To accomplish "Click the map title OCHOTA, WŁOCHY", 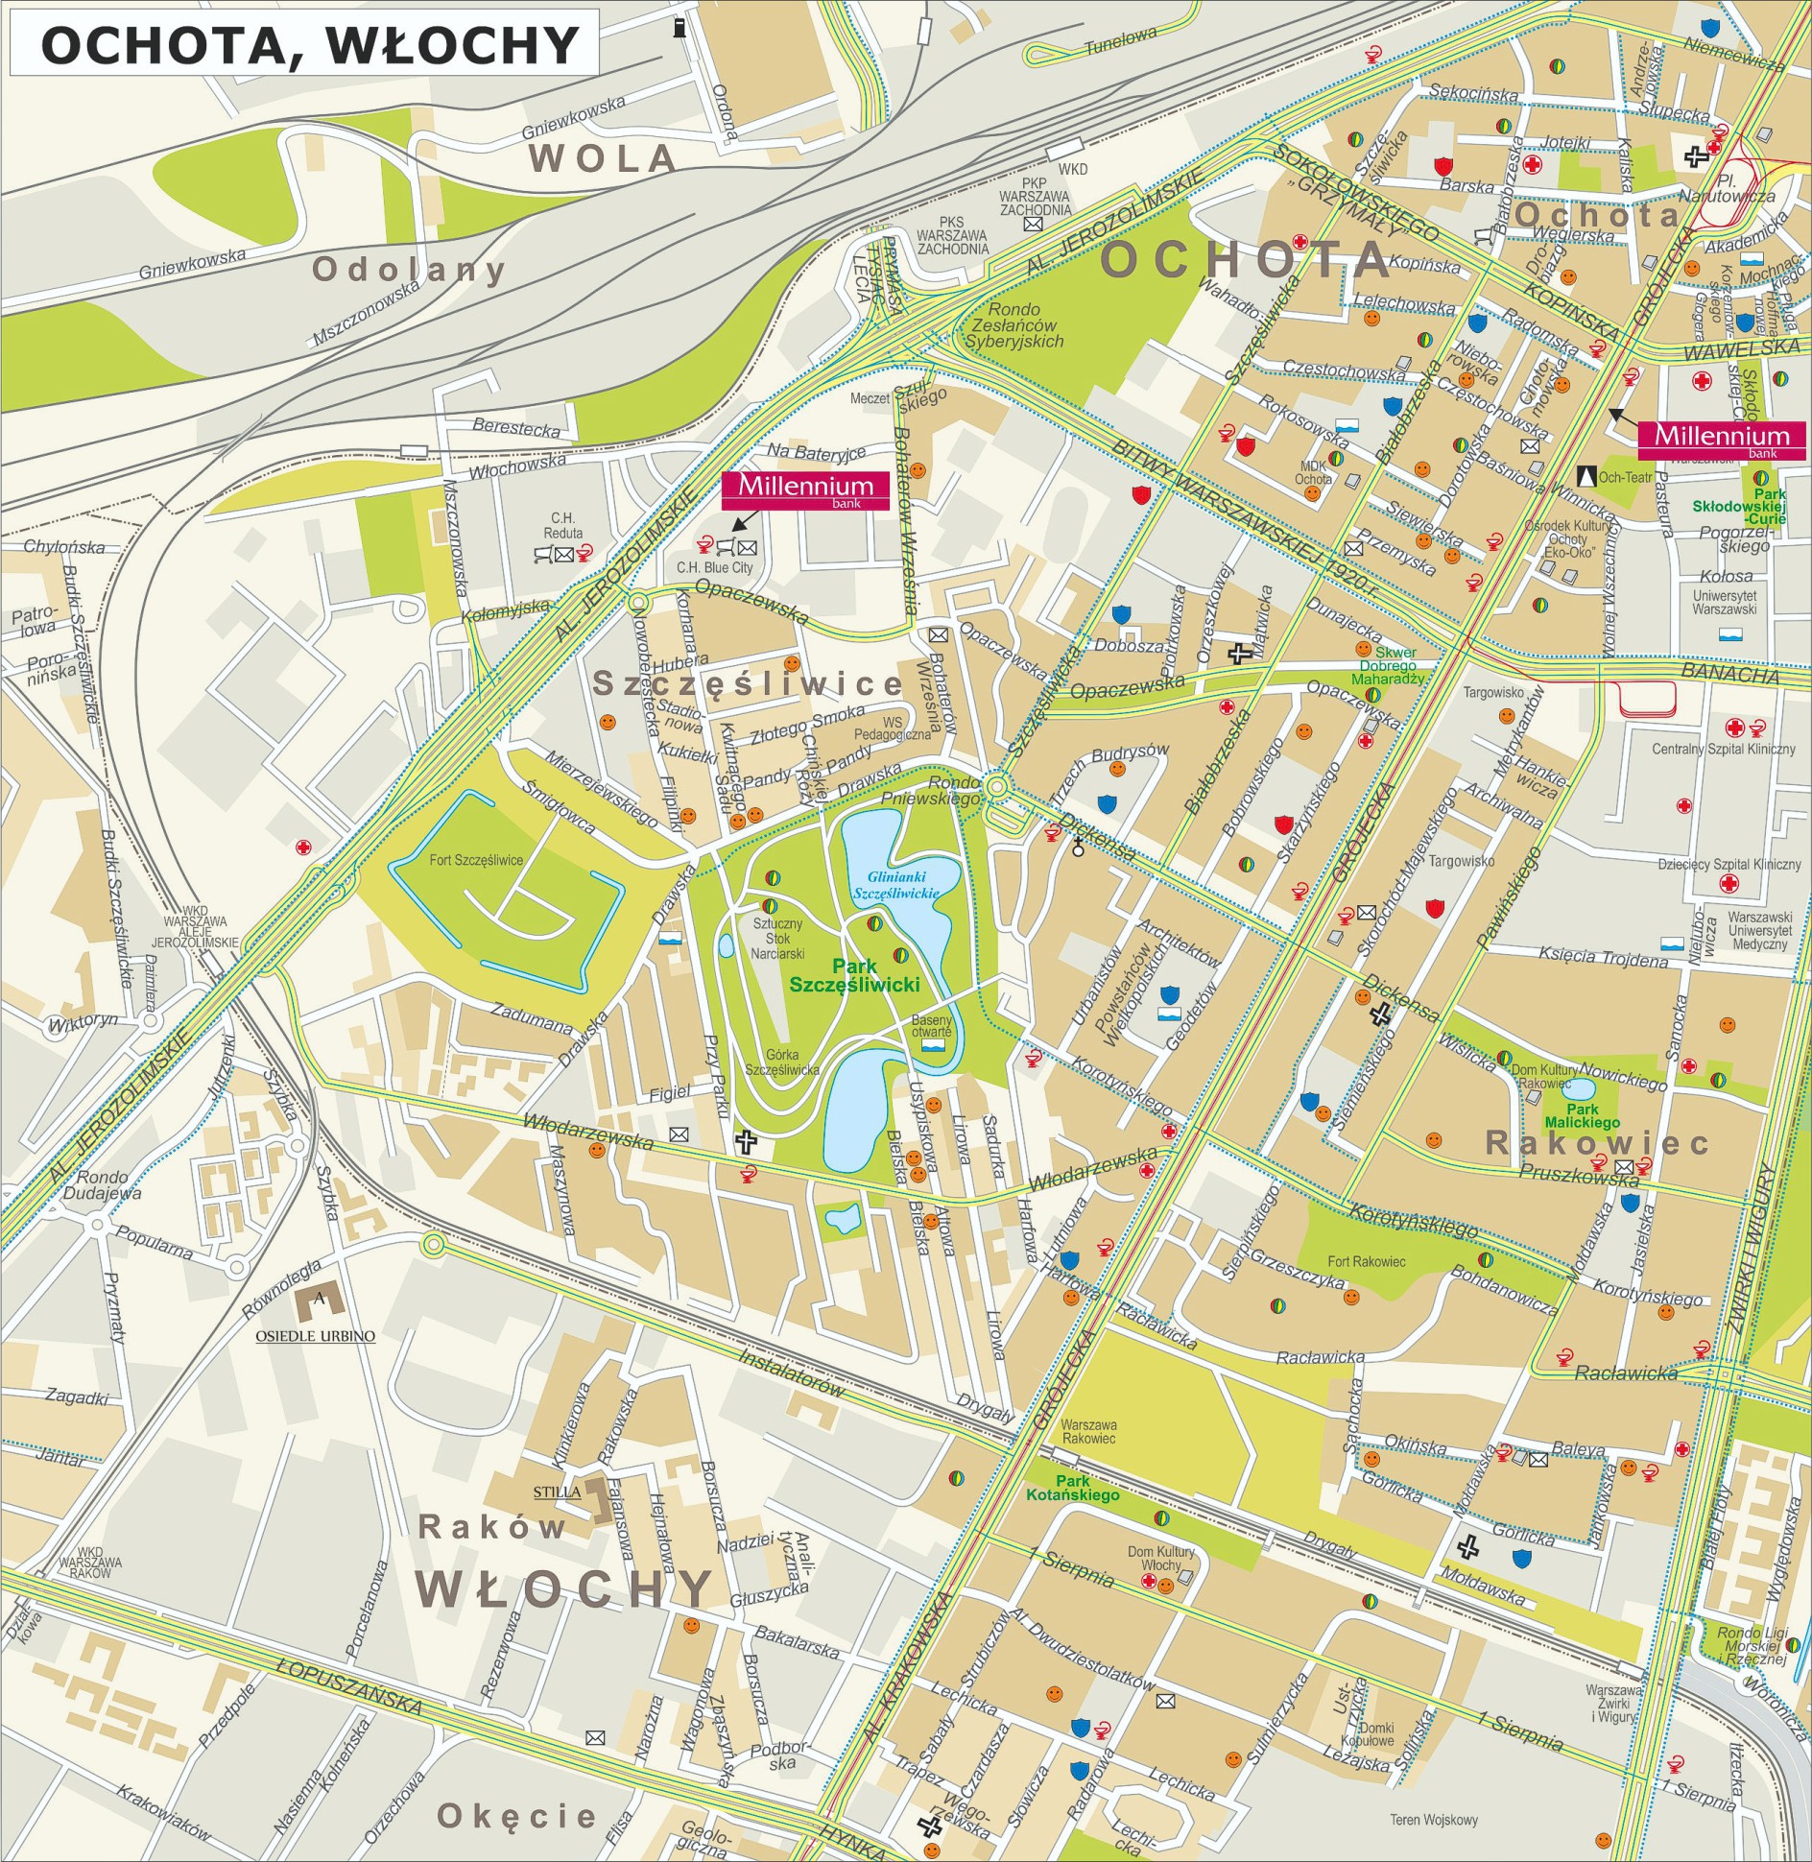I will click(310, 45).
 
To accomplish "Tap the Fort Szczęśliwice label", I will click(476, 860).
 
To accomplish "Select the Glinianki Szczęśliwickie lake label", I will click(896, 884).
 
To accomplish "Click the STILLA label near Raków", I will click(557, 1492).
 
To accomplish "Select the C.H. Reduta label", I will click(562, 525).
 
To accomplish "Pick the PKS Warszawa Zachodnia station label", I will click(951, 235).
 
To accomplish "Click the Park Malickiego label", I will click(1582, 1115).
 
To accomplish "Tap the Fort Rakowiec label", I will click(1366, 1261).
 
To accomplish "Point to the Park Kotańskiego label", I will click(1072, 1488).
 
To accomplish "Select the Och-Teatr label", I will click(1625, 477).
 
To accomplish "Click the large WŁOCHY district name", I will click(565, 1588).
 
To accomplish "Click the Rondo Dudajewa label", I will click(102, 1185).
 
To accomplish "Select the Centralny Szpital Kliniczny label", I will click(1723, 749).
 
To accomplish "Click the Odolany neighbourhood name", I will click(409, 270).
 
